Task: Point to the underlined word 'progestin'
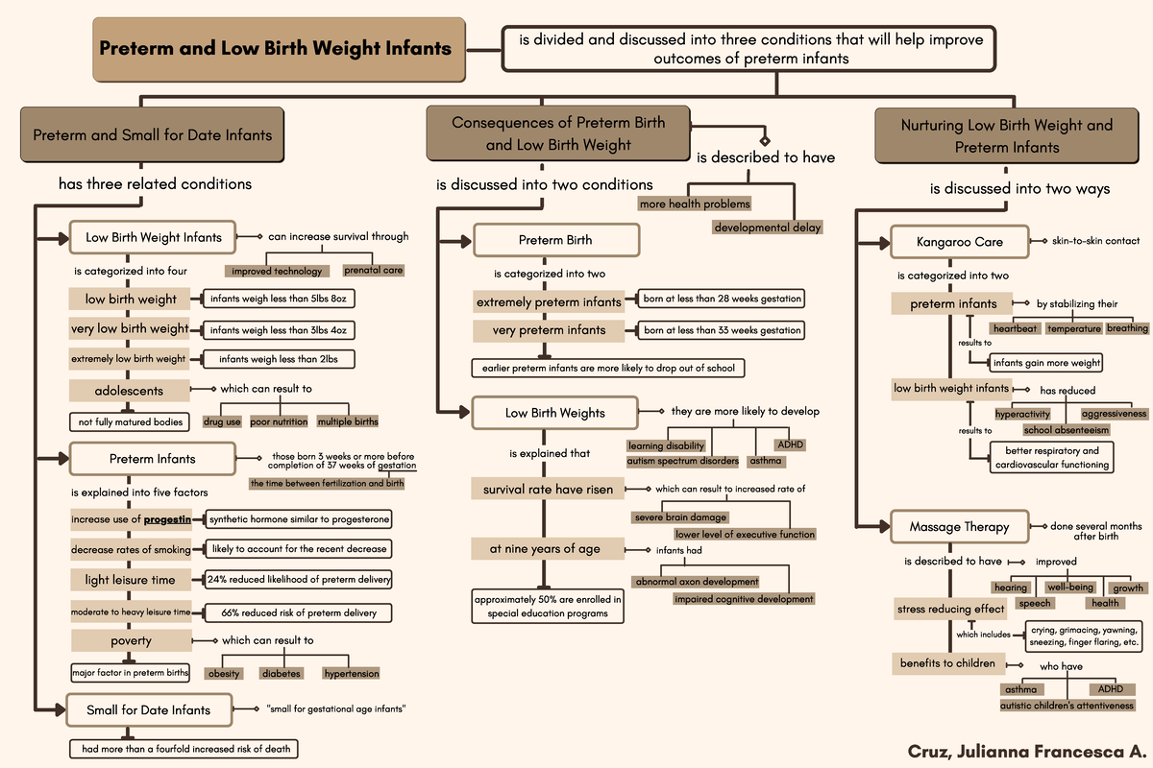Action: click(x=166, y=519)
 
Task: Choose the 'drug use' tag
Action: click(x=222, y=421)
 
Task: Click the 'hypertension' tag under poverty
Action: click(x=351, y=673)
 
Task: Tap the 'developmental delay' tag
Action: click(x=767, y=228)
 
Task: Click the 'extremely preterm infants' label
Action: click(x=549, y=302)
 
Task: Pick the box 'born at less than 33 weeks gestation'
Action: click(x=722, y=329)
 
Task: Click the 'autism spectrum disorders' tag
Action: click(x=682, y=461)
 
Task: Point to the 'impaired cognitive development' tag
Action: click(x=744, y=599)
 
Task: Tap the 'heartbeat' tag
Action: click(x=1015, y=328)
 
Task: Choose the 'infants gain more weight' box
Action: click(x=1046, y=363)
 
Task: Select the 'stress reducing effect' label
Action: click(x=950, y=609)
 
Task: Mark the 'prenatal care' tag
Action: click(x=374, y=270)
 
